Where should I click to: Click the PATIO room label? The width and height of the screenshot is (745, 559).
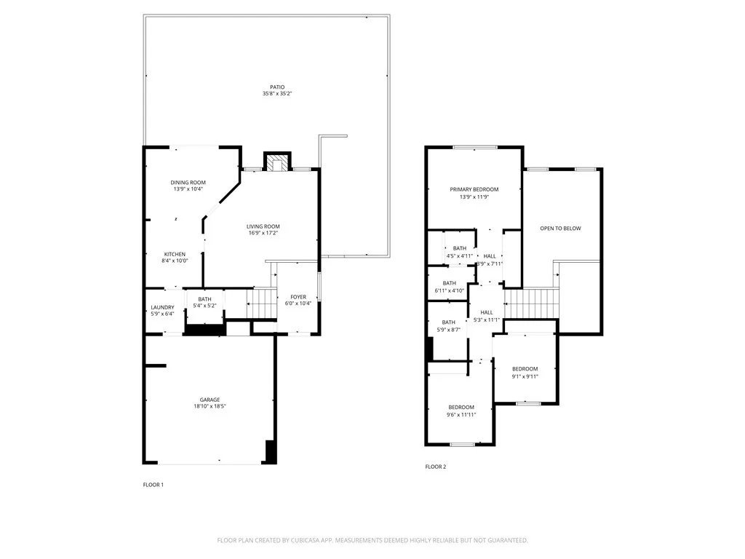[277, 87]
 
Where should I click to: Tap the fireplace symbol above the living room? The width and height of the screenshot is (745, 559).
[277, 162]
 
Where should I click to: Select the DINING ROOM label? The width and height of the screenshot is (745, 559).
[188, 183]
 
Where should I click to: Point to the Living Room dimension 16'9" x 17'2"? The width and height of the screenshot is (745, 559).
[263, 233]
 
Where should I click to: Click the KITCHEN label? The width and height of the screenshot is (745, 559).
[175, 254]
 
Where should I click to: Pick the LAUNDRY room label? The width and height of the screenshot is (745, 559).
[162, 308]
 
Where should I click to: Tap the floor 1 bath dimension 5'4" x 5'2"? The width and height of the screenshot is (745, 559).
[204, 306]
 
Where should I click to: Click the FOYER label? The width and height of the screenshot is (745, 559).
[298, 297]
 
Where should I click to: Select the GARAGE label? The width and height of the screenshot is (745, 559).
[210, 400]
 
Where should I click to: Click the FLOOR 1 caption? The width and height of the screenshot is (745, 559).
[154, 485]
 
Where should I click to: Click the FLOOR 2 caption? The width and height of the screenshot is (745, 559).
[436, 467]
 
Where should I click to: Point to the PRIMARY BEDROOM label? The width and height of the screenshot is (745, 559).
[474, 190]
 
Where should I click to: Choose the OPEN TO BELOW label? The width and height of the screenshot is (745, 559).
[561, 229]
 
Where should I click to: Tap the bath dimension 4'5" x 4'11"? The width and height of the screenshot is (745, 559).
[460, 256]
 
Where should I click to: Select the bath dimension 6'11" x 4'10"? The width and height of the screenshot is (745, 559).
[450, 290]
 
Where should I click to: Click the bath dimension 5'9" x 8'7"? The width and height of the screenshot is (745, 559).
[448, 330]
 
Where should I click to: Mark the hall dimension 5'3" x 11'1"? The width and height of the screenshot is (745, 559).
[487, 320]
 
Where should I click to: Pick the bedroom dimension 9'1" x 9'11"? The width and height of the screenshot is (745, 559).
[525, 376]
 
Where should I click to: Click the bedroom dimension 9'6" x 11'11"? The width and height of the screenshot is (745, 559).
[461, 415]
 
